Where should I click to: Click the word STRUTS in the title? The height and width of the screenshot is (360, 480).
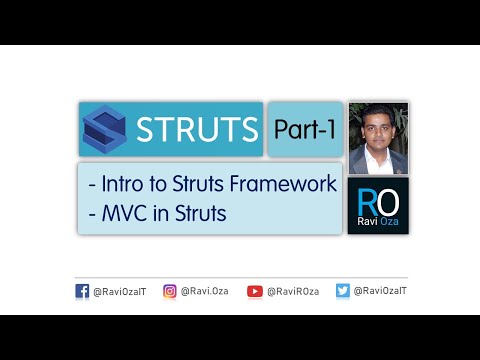196,130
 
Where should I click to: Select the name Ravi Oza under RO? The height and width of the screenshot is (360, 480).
379,223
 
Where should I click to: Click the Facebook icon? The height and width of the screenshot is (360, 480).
82,291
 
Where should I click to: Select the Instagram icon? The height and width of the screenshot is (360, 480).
170,291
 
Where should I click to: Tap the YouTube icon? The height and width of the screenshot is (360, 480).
255,291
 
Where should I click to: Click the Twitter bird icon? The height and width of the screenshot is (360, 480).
343,291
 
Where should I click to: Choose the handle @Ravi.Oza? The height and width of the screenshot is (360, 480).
204,291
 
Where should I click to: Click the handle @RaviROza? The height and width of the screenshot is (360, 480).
291,291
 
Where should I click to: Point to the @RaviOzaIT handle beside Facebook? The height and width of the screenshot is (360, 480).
120,291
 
